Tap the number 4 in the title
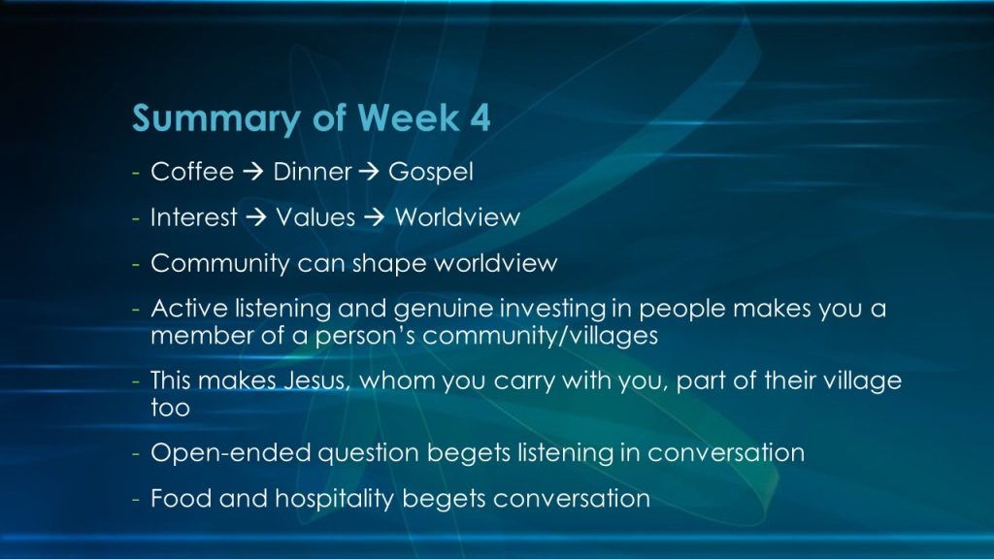480,117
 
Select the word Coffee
192,172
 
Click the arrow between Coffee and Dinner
253,172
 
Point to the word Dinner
312,172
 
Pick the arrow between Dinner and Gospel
368,172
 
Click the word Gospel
430,173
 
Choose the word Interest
193,217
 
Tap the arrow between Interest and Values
256,217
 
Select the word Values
315,217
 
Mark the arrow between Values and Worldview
375,217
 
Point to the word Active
189,309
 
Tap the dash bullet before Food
136,500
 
